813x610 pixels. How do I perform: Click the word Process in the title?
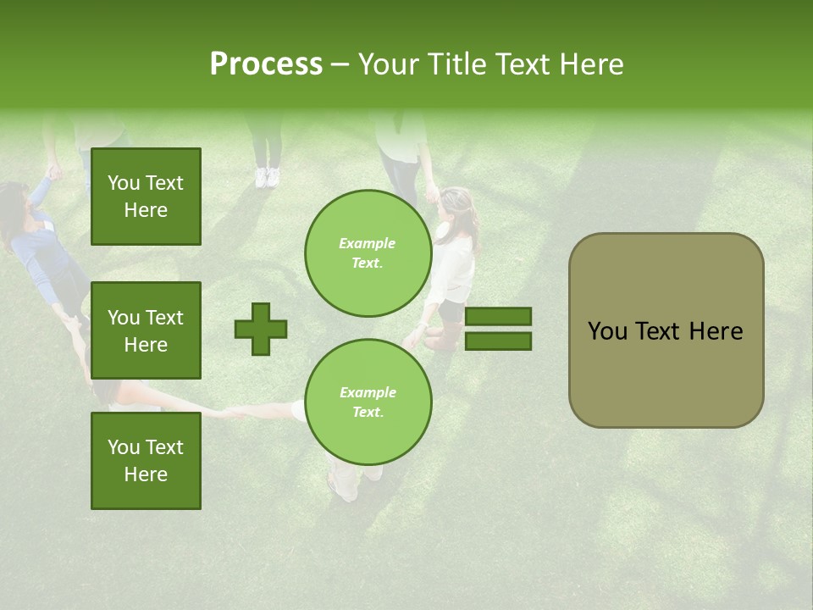point(266,64)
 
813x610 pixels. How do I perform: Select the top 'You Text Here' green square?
point(146,197)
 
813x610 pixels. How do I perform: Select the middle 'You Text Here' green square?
point(146,330)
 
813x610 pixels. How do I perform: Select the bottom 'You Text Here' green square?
point(146,461)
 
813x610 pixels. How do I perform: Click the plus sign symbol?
point(261,329)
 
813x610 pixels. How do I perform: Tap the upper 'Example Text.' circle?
point(368,253)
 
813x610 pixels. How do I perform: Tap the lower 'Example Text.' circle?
point(368,402)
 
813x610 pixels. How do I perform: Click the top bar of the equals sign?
point(499,317)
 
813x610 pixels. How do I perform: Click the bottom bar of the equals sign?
point(499,341)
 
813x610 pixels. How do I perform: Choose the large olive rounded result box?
point(666,330)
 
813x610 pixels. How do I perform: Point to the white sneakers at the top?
point(267,177)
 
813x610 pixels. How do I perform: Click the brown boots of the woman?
point(443,337)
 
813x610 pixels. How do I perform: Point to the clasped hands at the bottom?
point(234,413)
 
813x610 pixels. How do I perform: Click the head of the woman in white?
point(455,208)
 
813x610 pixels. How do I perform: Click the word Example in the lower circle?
point(368,392)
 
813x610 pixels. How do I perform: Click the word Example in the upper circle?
point(368,243)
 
